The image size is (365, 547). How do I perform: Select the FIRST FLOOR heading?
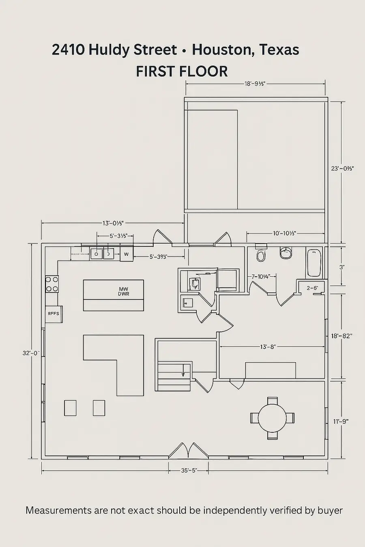[x=182, y=71]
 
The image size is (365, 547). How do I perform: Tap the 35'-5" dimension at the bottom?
[x=189, y=470]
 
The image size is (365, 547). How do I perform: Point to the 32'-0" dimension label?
[x=30, y=353]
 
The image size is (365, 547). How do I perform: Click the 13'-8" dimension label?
[x=268, y=346]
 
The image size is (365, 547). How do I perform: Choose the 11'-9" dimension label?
[x=341, y=421]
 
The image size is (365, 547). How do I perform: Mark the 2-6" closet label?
[x=312, y=288]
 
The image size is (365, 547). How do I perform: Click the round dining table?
[x=272, y=419]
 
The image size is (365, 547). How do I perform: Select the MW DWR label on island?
[x=124, y=292]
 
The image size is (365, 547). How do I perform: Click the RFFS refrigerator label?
[x=54, y=313]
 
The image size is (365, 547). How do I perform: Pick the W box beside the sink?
[x=127, y=254]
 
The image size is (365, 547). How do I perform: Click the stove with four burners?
[x=52, y=284]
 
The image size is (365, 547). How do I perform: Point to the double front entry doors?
[x=189, y=450]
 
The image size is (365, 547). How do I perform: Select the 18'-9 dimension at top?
[x=255, y=84]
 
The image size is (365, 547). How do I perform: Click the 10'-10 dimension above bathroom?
[x=284, y=233]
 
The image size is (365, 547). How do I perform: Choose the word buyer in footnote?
[x=330, y=510]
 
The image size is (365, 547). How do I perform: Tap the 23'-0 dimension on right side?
[x=343, y=168]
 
